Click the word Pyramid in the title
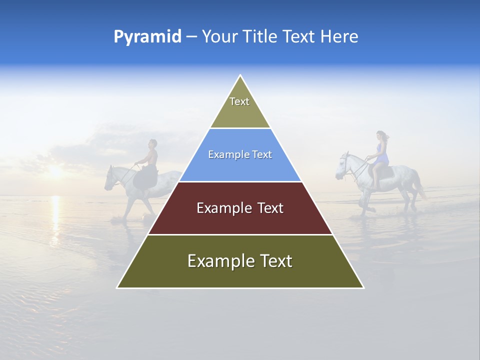tap(147, 37)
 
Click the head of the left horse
tap(110, 179)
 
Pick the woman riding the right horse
tap(381, 150)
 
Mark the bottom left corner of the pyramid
tap(118, 287)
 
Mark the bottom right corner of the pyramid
tap(363, 287)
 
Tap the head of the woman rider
tap(381, 135)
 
